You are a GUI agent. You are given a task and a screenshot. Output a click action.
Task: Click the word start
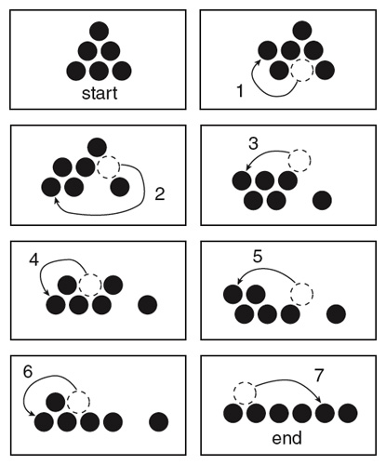pos(100,93)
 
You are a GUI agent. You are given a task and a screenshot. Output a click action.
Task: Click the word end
pos(286,438)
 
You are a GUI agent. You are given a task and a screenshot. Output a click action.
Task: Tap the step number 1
pos(240,91)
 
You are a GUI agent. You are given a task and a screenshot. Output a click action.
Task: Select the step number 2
pos(159,194)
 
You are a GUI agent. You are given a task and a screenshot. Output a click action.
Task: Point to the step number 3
pos(253,144)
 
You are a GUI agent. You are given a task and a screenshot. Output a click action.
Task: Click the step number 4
pos(34,259)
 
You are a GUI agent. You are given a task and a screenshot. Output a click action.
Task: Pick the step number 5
pos(258,257)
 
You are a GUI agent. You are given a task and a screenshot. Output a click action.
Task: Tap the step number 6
pos(28,371)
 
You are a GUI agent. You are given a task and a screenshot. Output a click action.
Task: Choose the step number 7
pos(319,376)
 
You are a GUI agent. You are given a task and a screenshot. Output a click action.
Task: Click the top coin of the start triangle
pos(100,31)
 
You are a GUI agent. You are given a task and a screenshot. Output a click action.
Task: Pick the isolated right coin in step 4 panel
pos(148,305)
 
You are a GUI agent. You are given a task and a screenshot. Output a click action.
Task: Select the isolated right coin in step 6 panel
pos(159,422)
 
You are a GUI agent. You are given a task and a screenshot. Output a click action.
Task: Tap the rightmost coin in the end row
pos(348,413)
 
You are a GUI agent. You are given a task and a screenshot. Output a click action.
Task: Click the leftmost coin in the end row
pos(233,413)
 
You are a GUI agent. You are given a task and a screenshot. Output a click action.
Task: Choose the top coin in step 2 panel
pos(97,148)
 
